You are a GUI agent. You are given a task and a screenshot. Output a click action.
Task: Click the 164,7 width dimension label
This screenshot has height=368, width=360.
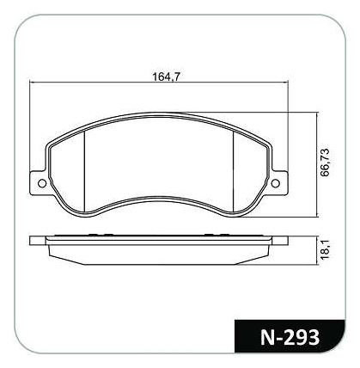pos(166,77)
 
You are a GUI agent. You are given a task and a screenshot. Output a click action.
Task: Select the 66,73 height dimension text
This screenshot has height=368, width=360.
pos(326,163)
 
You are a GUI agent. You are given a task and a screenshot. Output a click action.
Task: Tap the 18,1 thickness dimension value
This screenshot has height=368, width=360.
pos(326,250)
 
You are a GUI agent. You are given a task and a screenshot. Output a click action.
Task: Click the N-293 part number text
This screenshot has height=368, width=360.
pos(290,337)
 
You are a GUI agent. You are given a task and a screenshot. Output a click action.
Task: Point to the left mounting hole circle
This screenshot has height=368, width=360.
pos(42,183)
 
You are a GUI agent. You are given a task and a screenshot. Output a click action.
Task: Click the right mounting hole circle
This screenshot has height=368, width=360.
pos(275,183)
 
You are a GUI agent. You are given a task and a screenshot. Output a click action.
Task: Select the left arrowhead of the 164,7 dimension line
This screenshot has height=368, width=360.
pos(32,83)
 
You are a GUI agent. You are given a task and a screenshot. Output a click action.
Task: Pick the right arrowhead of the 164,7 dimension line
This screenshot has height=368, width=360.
pos(285,83)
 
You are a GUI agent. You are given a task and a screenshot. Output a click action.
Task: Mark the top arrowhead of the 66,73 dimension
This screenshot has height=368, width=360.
pos(316,114)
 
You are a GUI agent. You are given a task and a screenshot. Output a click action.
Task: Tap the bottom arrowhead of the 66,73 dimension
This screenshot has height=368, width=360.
pos(316,214)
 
